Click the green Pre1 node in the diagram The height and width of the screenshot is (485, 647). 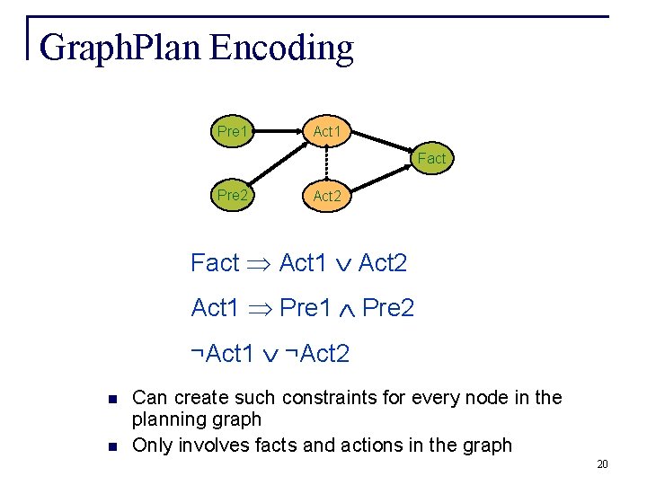click(232, 132)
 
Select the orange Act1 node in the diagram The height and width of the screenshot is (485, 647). click(327, 132)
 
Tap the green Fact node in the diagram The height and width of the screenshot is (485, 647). click(430, 159)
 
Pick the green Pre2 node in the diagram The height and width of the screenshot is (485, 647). click(232, 195)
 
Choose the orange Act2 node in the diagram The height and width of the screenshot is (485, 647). click(327, 196)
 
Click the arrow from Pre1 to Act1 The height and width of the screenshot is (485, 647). click(279, 132)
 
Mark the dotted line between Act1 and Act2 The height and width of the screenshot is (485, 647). click(327, 163)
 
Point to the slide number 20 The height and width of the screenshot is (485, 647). click(602, 463)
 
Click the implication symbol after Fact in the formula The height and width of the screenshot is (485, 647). click(259, 264)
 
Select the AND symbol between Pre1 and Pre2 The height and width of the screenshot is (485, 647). click(347, 310)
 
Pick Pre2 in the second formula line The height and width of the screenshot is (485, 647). click(388, 309)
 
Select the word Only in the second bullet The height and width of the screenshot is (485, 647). click(151, 445)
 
